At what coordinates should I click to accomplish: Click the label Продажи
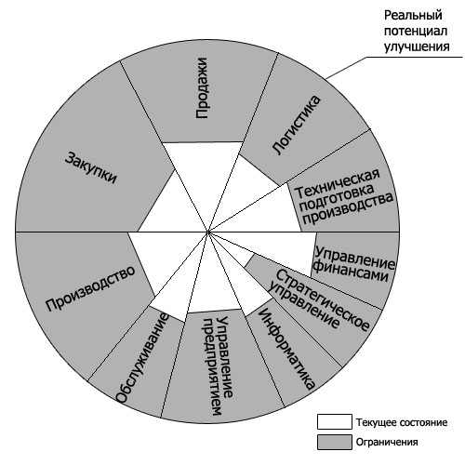202,88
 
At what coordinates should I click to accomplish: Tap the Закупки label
90,167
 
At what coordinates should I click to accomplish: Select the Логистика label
296,125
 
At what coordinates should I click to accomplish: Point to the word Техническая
338,183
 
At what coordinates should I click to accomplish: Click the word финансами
352,272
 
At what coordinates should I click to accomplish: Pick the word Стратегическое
323,300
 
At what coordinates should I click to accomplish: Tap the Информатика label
286,349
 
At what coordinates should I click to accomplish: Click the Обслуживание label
142,359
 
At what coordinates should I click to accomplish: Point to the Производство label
90,288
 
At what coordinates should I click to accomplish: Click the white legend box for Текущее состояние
335,421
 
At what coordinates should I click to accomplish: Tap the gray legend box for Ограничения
335,442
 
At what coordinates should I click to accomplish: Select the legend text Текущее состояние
402,422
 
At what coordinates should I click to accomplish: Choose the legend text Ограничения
387,442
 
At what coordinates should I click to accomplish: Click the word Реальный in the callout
413,15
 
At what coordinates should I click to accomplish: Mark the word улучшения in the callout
417,46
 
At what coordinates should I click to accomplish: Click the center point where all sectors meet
208,232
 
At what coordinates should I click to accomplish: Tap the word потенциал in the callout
416,31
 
